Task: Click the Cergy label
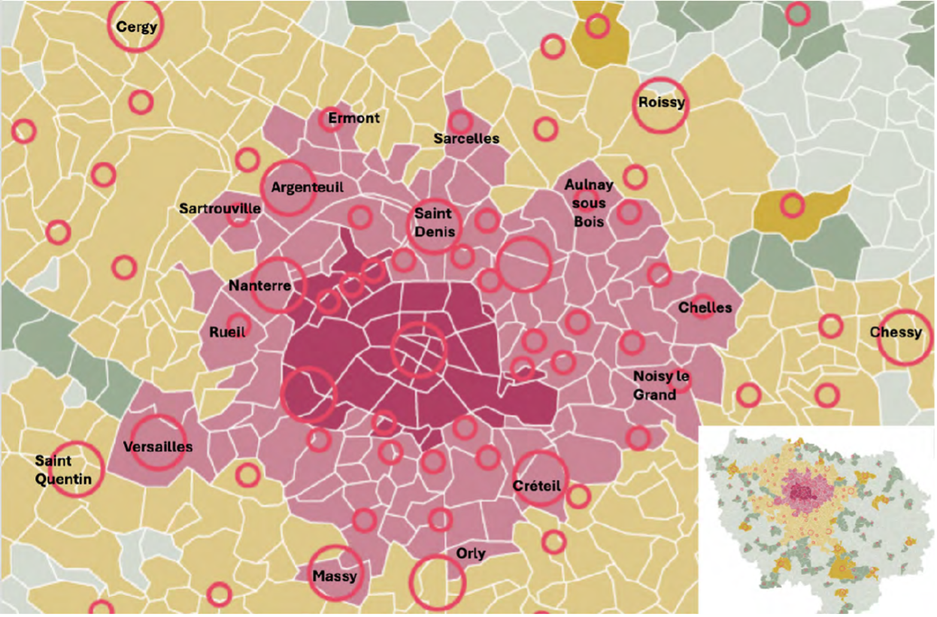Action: (x=136, y=27)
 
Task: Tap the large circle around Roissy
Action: (x=661, y=104)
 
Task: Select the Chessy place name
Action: (x=896, y=332)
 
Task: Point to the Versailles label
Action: (x=157, y=446)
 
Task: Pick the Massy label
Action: (x=335, y=576)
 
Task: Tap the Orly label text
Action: (x=471, y=554)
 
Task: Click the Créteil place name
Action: (x=537, y=485)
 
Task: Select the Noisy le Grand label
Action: (x=662, y=384)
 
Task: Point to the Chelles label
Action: (x=705, y=307)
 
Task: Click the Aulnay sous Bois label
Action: (x=589, y=203)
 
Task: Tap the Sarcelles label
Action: (x=466, y=138)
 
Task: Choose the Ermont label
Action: (x=354, y=118)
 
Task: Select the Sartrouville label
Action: (x=220, y=208)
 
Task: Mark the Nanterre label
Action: (x=259, y=286)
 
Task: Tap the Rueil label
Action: (x=227, y=331)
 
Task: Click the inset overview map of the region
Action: (x=817, y=519)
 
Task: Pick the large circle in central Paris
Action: (x=419, y=350)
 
